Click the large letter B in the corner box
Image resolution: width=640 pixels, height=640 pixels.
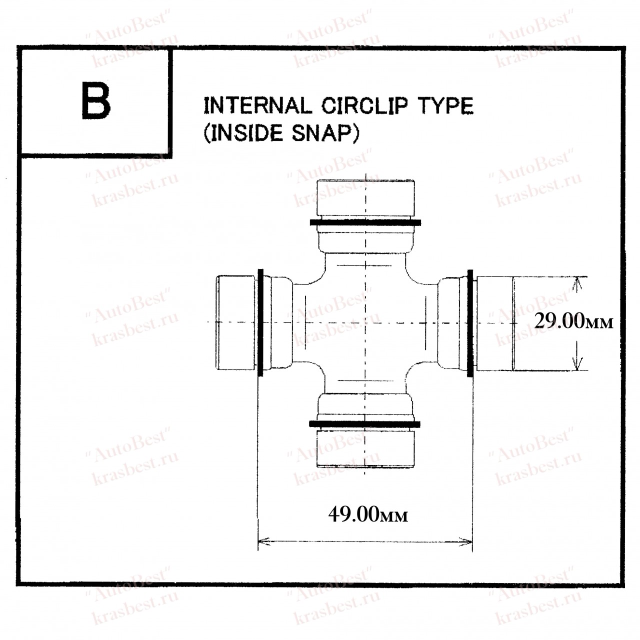pyautogui.click(x=96, y=101)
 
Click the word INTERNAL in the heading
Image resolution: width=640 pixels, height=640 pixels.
pyautogui.click(x=258, y=106)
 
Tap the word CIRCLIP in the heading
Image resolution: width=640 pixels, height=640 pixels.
pyautogui.click(x=364, y=106)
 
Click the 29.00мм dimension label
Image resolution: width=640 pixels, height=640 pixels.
pyautogui.click(x=573, y=322)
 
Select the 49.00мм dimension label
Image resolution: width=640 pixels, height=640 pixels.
pyautogui.click(x=368, y=515)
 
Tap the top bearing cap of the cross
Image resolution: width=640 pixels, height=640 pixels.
pyautogui.click(x=365, y=198)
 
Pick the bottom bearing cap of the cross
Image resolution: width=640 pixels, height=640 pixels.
pyautogui.click(x=365, y=448)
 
